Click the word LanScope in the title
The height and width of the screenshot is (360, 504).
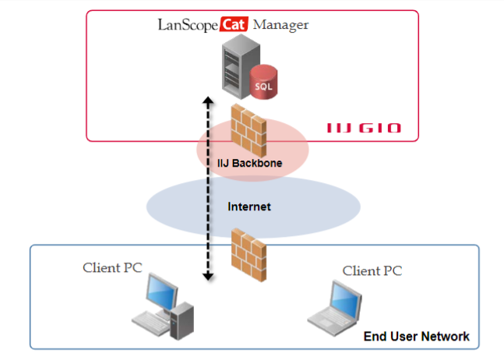tap(187, 24)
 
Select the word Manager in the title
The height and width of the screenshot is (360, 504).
tap(280, 24)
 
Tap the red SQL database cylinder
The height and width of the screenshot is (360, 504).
tap(264, 83)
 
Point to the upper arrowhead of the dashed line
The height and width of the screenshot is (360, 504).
tap(208, 101)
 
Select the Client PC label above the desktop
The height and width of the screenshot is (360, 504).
tap(113, 268)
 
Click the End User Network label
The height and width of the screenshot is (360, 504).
tap(417, 337)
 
